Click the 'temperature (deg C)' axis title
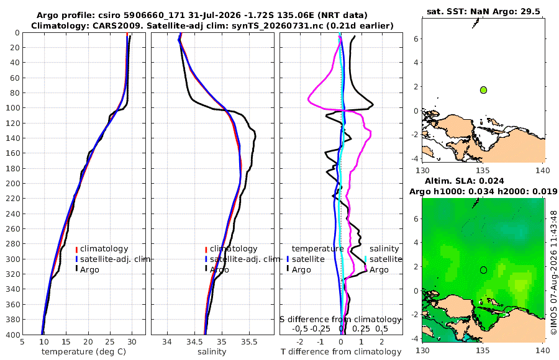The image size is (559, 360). tap(84, 352)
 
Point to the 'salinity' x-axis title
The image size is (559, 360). tap(212, 352)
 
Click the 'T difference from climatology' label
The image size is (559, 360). tap(341, 352)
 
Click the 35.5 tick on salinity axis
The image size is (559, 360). tap(249, 342)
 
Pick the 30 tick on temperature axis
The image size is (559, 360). tap(132, 342)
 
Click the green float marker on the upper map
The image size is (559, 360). tap(483, 90)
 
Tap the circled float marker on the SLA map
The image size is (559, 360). tap(483, 270)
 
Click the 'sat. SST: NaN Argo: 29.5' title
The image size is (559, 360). tap(483, 11)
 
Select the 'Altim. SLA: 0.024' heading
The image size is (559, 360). tap(464, 181)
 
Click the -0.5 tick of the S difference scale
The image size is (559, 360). tap(300, 328)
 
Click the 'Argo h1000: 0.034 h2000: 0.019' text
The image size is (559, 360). tap(483, 191)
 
